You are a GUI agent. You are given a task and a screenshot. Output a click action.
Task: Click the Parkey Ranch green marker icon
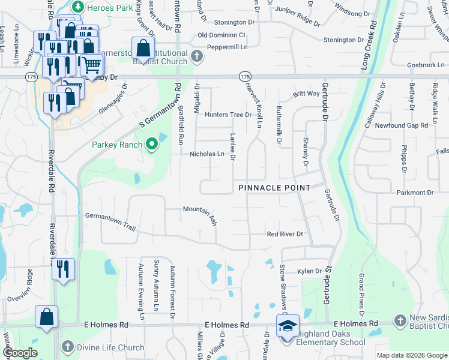tap(151, 144)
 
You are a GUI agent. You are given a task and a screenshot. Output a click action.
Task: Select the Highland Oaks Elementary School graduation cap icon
tap(285, 326)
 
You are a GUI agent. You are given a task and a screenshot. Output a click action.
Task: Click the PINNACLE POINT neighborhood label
tap(274, 188)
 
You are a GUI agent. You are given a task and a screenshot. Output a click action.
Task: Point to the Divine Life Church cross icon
tap(67, 347)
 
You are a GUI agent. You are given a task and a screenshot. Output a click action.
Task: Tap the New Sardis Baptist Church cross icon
tap(400, 321)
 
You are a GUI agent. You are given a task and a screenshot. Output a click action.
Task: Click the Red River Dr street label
tap(286, 233)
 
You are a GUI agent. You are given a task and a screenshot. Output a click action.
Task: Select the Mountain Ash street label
tap(200, 215)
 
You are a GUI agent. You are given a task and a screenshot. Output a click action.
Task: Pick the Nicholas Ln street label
tap(207, 154)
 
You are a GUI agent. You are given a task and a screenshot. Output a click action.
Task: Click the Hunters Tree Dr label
tap(228, 115)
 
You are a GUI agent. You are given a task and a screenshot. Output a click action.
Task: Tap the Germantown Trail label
tap(110, 220)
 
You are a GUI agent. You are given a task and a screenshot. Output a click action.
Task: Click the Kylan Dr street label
tap(310, 271)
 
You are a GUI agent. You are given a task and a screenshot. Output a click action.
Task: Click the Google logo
tap(20, 353)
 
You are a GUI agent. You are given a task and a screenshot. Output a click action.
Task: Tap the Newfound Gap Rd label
tap(401, 125)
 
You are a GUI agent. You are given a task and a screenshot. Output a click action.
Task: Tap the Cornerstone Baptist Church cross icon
tap(197, 58)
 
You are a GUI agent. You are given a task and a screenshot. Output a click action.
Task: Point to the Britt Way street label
tap(306, 94)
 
